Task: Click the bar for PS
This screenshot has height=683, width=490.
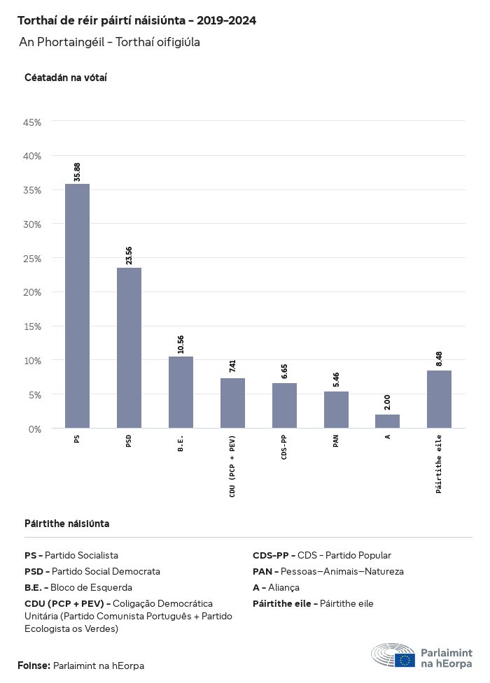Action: [x=77, y=305]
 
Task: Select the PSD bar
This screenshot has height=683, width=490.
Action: [x=129, y=347]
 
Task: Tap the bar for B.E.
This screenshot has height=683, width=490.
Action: [x=181, y=391]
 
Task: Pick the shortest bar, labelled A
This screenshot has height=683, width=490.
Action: [x=387, y=421]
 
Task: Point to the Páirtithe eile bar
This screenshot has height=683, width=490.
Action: [x=439, y=398]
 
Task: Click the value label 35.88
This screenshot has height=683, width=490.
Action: [x=77, y=171]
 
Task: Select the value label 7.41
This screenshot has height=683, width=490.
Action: [x=232, y=366]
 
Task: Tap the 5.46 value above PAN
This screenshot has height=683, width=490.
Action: [x=336, y=380]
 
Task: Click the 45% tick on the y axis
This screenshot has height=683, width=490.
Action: [x=33, y=122]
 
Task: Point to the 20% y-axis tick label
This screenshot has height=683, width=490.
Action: [x=33, y=292]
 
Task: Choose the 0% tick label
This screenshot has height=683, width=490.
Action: [x=35, y=429]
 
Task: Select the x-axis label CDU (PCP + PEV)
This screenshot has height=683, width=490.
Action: [x=232, y=466]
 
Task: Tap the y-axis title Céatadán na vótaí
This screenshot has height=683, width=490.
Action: [x=65, y=78]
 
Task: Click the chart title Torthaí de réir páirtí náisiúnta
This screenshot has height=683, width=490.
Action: [x=136, y=21]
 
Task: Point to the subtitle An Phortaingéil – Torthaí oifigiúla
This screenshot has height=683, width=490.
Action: [x=110, y=43]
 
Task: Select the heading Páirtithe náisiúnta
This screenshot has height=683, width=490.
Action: [x=66, y=524]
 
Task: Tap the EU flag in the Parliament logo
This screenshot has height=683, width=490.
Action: [x=405, y=659]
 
